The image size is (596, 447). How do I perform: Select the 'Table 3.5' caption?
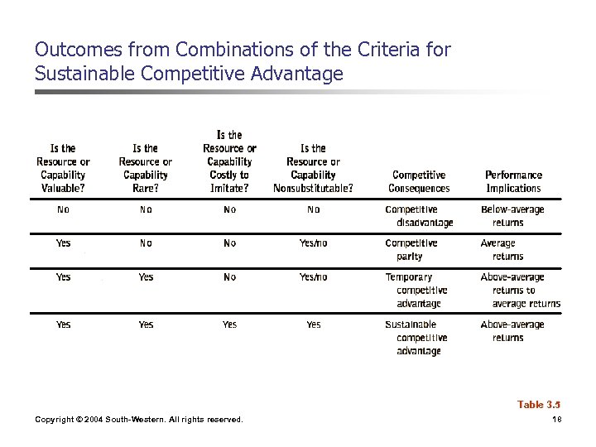click(539, 405)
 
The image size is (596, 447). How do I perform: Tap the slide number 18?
click(555, 420)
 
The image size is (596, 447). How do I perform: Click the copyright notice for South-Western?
click(139, 420)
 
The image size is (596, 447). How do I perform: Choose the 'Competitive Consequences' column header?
click(419, 181)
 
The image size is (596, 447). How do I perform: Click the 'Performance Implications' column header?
click(513, 181)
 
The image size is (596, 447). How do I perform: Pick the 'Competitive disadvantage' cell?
click(419, 216)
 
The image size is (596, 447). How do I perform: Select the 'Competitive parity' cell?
click(411, 250)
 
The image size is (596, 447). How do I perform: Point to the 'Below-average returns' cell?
click(512, 216)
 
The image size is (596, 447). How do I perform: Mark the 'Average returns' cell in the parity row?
click(500, 250)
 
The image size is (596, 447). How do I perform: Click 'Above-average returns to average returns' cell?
click(520, 291)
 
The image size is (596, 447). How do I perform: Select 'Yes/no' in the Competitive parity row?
click(313, 243)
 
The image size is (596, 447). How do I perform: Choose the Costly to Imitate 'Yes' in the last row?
click(229, 324)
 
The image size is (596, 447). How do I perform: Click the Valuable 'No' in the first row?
click(63, 209)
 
